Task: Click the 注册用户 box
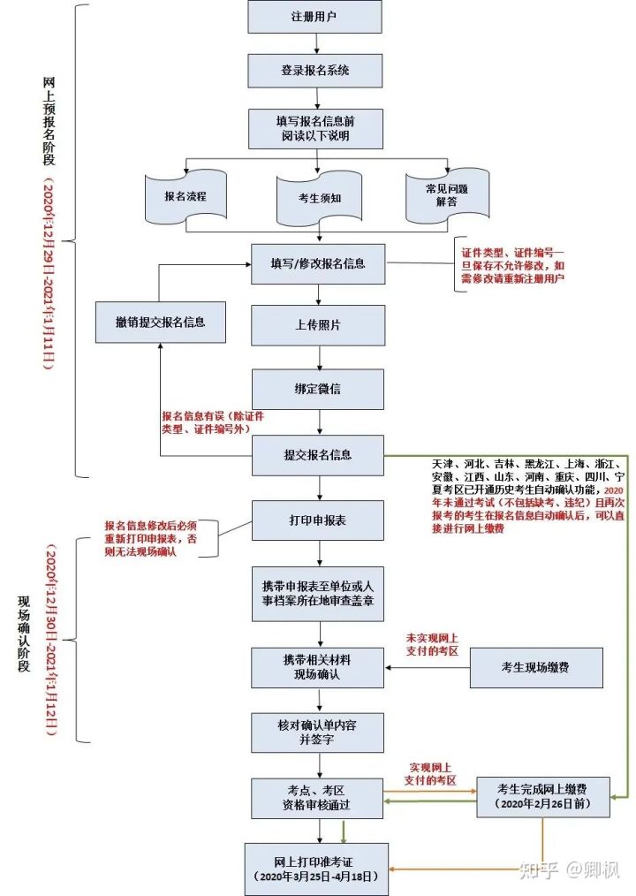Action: point(314,17)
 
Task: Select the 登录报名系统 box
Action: point(314,70)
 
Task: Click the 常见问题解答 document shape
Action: point(447,195)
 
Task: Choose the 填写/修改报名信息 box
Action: point(318,263)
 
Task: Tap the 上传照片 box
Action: point(318,325)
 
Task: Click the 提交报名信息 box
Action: point(318,455)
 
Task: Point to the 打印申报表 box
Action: point(318,520)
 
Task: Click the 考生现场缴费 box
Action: point(536,667)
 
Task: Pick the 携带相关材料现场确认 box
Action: point(318,667)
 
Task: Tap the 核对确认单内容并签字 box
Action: point(318,732)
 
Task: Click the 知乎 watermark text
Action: point(539,869)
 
